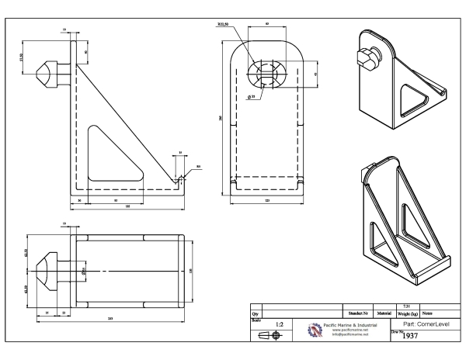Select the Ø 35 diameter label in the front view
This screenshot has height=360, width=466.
(x=252, y=98)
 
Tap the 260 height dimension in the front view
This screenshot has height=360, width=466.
(x=221, y=118)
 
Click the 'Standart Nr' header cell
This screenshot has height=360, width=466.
(x=358, y=312)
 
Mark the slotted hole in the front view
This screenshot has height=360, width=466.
(x=266, y=76)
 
